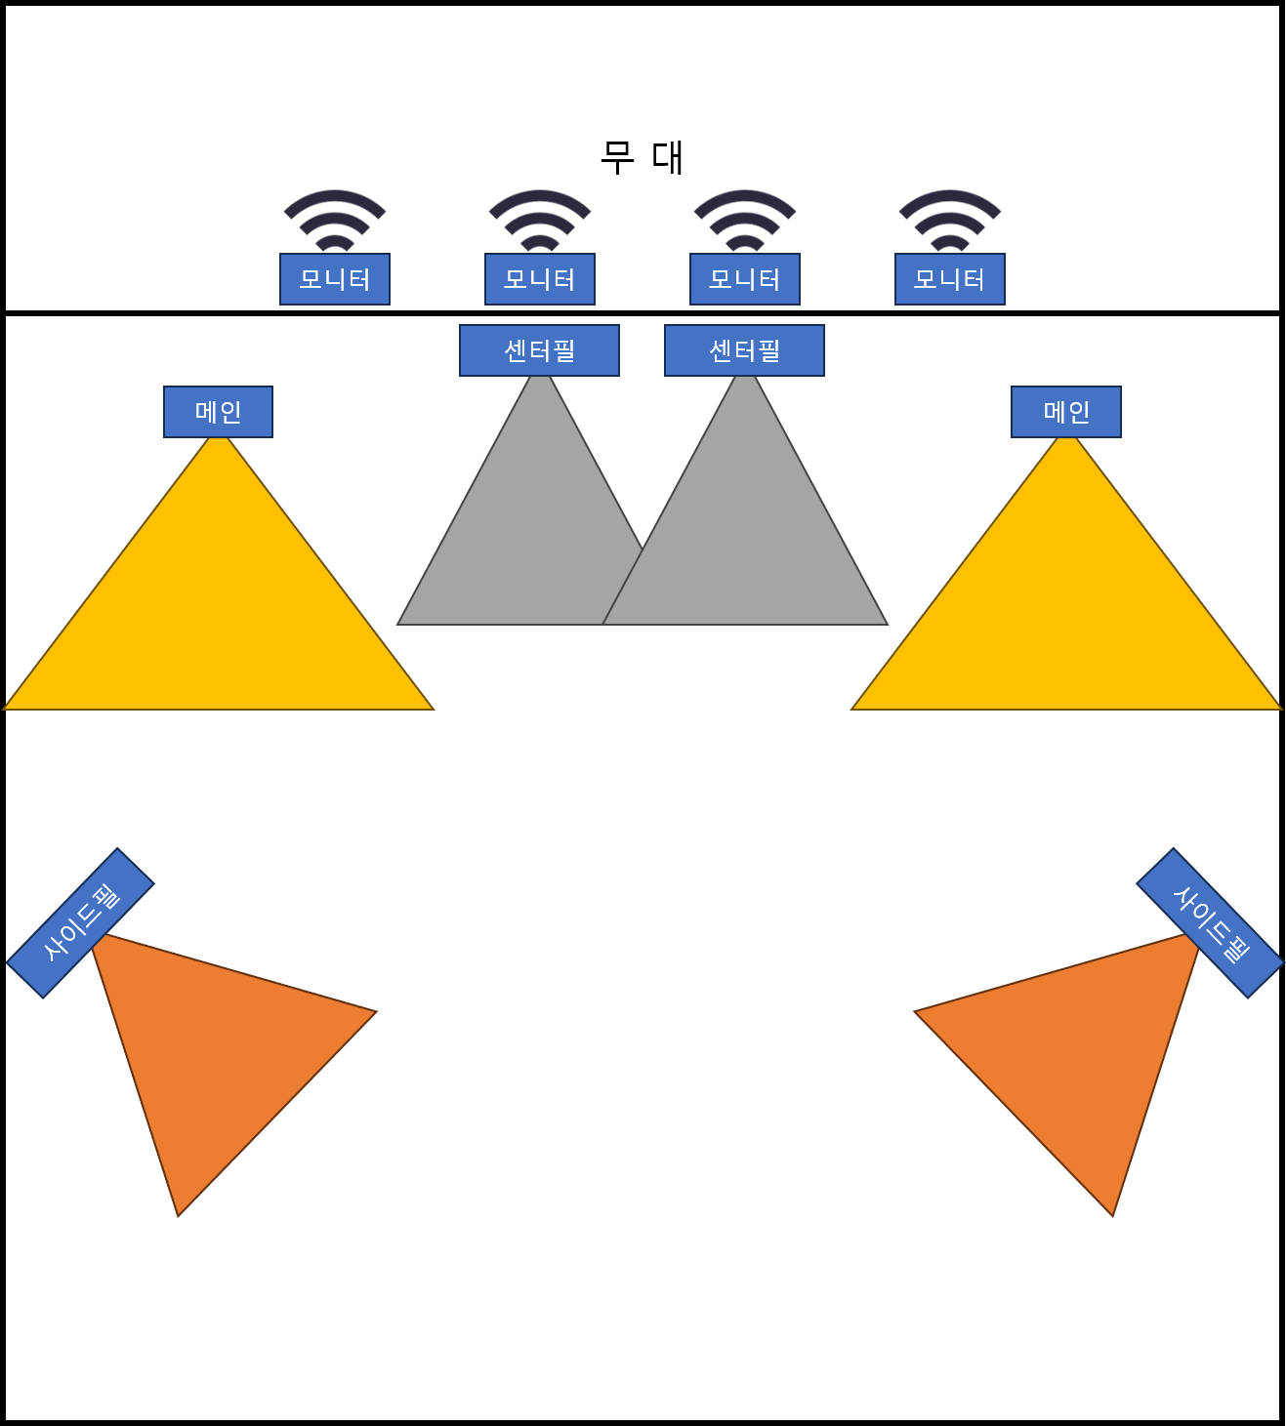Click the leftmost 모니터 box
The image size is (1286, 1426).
coord(335,279)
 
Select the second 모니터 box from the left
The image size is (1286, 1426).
coord(540,279)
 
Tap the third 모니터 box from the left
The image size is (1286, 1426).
coord(745,279)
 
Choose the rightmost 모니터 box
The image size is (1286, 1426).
coord(950,279)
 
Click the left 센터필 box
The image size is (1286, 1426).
coord(539,350)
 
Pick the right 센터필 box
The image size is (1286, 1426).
coord(744,350)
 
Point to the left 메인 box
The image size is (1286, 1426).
coord(218,412)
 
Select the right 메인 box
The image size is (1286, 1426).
coord(1066,412)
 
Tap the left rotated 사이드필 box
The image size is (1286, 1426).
coord(80,923)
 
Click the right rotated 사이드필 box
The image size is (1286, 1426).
coord(1210,923)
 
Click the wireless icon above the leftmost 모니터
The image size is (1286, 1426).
coord(335,221)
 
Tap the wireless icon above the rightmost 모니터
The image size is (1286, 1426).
coord(950,221)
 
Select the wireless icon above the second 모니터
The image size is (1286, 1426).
coord(540,221)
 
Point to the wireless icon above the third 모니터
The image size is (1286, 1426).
coord(745,221)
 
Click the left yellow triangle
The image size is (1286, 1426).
coord(219,615)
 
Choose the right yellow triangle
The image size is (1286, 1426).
coord(1066,615)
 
